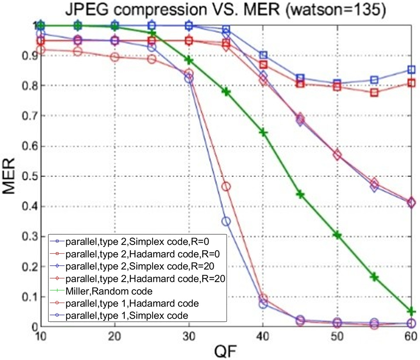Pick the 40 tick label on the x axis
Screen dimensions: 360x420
(263, 336)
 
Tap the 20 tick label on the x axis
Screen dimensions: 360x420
(115, 336)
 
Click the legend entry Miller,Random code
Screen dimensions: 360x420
(109, 291)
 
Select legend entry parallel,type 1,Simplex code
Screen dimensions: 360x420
(127, 315)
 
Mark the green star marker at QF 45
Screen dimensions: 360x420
(300, 195)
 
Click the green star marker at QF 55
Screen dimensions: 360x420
(374, 277)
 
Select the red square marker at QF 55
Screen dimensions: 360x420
(374, 92)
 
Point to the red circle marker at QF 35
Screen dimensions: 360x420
(226, 187)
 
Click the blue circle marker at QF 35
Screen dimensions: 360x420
(226, 222)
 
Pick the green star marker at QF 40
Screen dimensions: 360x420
(263, 133)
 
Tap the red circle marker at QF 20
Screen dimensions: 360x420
(115, 57)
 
